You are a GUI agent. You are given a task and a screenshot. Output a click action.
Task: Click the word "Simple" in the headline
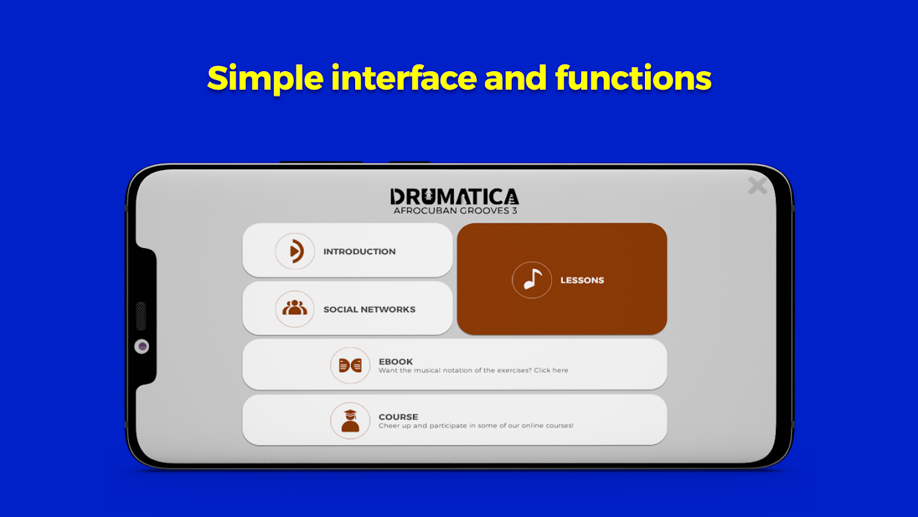click(x=265, y=78)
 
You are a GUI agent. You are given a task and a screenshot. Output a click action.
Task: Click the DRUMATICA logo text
click(x=454, y=196)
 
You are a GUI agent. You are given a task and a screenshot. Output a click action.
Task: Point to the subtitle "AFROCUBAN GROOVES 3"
click(x=455, y=211)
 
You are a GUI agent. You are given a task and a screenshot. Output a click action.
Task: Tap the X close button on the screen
click(x=757, y=185)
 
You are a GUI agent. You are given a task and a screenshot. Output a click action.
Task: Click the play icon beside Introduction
click(x=295, y=251)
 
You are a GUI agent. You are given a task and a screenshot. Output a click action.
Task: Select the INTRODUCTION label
click(x=360, y=251)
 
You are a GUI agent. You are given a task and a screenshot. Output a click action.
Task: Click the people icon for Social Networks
click(x=294, y=308)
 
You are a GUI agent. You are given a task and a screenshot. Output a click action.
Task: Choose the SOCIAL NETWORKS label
click(x=369, y=310)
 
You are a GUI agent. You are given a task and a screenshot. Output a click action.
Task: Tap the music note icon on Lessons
click(x=531, y=280)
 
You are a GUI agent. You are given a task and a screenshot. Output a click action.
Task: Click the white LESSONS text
click(x=582, y=280)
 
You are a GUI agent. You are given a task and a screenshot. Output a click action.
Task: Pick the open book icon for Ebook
click(x=350, y=365)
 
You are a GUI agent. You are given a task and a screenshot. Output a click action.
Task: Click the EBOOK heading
click(x=396, y=361)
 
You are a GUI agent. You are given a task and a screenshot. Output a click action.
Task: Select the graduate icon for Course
click(x=350, y=421)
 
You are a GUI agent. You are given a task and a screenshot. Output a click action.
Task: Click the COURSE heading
click(x=398, y=417)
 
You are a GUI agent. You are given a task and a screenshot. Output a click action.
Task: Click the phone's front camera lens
click(x=142, y=346)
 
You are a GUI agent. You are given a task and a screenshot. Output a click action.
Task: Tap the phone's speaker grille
click(x=141, y=316)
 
